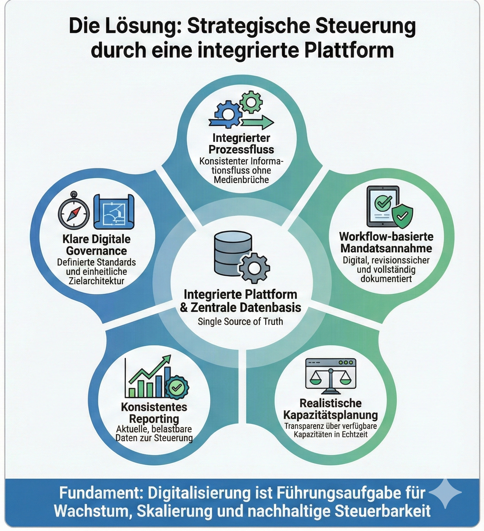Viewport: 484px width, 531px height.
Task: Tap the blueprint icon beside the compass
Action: point(114,211)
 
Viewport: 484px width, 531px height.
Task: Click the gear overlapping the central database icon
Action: point(255,268)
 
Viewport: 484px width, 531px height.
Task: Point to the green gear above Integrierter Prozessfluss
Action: point(251,102)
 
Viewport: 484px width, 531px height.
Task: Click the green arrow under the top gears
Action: point(258,122)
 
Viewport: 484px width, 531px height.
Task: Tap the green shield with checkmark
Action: point(402,216)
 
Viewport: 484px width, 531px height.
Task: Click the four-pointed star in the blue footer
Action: point(447,492)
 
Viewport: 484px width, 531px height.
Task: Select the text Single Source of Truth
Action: point(240,322)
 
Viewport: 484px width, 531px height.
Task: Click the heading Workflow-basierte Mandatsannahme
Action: point(386,242)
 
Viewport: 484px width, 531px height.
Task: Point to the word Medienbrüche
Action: point(241,180)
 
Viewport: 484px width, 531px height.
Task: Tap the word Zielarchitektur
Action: point(97,281)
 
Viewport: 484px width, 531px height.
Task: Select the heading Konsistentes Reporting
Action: point(154,413)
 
